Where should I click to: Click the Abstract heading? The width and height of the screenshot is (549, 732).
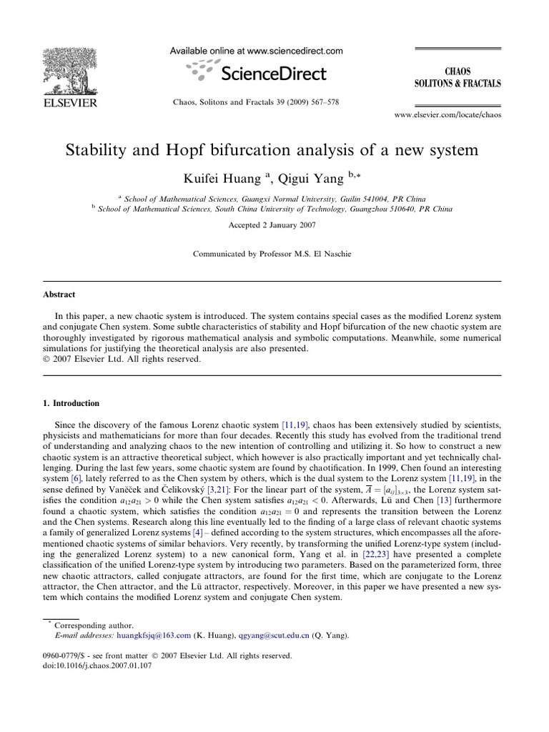[x=60, y=295]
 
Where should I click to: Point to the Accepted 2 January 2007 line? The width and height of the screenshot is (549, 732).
[x=274, y=224]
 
